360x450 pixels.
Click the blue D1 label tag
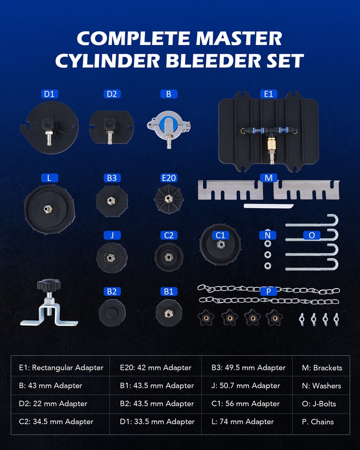[x=49, y=94]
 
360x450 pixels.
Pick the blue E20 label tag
[x=168, y=178]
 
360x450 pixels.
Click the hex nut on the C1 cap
[x=220, y=244]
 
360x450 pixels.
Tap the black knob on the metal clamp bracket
[x=48, y=285]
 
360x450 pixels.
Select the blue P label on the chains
[x=269, y=292]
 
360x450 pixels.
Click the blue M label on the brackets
[x=268, y=178]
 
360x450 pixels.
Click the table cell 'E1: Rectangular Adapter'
[x=61, y=368]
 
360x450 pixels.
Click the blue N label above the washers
[x=268, y=234]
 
